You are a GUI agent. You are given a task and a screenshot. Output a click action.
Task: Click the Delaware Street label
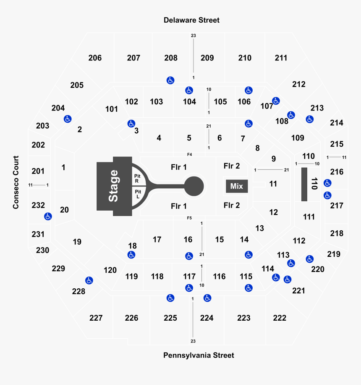point(191,20)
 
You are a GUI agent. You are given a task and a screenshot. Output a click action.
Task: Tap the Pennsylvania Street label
point(199,355)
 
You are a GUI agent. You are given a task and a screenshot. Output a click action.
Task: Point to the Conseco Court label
point(16,182)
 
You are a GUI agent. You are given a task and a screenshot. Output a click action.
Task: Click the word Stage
point(114,186)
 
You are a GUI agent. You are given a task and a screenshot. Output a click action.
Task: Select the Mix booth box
point(237,186)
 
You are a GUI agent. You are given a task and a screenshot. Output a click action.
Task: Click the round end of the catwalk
point(194,186)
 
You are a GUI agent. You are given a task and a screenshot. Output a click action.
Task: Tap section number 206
point(95,58)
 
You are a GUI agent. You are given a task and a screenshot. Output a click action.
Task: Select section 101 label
point(112,109)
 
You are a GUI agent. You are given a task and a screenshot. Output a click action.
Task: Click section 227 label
point(96,318)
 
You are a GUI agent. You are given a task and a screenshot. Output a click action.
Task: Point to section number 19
point(77,242)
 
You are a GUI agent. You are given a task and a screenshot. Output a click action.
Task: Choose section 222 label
point(280,318)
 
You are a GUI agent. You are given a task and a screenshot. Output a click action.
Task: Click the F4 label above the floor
point(189,154)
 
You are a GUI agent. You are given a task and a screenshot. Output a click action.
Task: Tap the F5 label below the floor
point(189,218)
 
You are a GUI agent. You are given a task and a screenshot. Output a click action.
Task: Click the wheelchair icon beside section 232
point(48,216)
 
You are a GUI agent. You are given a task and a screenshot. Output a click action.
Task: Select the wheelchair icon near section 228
point(89,280)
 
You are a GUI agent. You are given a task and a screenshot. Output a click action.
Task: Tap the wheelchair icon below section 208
point(170,80)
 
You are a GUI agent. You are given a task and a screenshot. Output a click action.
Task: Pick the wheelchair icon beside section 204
point(68,119)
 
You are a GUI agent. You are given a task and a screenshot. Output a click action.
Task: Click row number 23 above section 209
point(194,36)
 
